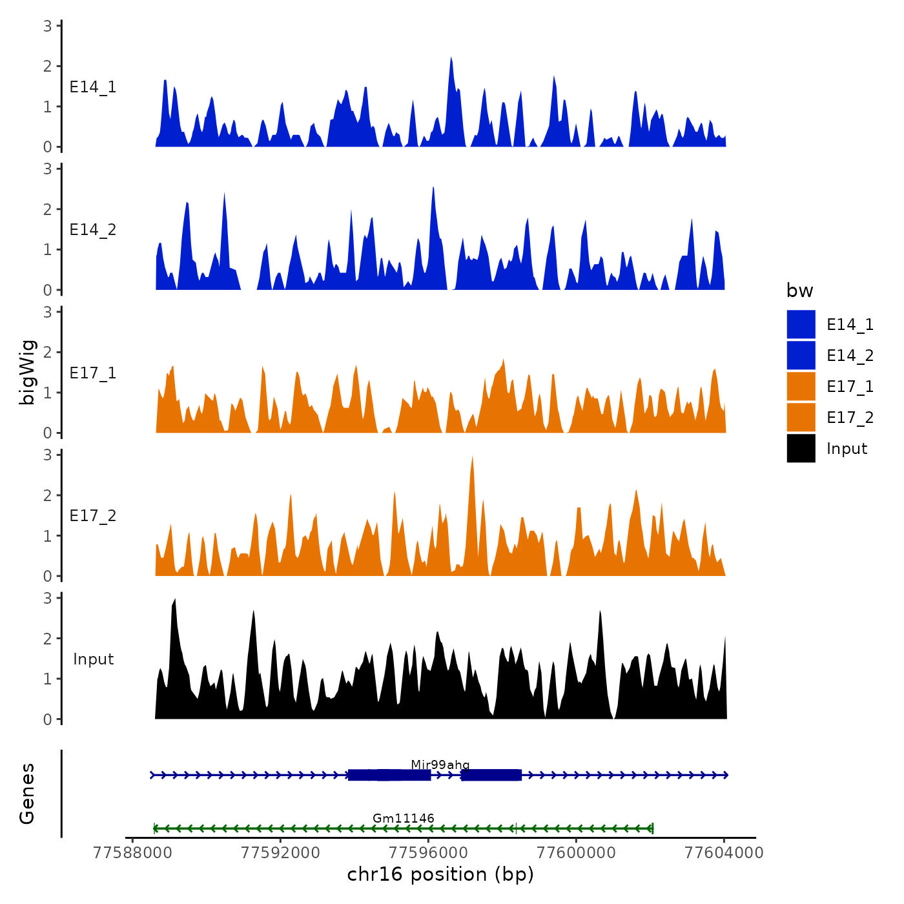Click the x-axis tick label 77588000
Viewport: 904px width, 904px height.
click(132, 852)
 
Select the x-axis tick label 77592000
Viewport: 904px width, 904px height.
click(280, 852)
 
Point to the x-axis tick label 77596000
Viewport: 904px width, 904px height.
click(428, 852)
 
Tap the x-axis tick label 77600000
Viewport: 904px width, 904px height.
click(576, 852)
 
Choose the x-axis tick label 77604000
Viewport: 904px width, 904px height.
click(724, 852)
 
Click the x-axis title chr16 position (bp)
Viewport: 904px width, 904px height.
click(440, 874)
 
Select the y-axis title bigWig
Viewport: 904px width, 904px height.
click(27, 372)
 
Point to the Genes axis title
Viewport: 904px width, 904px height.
click(27, 794)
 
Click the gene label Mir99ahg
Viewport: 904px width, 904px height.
click(440, 765)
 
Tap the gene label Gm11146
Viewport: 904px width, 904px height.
click(403, 818)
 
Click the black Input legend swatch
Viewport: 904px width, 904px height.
click(801, 448)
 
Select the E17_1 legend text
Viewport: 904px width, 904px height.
click(850, 387)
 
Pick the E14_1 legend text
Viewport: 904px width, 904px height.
click(850, 325)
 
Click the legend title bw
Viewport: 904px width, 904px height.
click(799, 291)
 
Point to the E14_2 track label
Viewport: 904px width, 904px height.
click(93, 230)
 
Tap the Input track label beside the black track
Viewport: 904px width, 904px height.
click(93, 659)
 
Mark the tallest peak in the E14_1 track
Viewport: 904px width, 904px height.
click(451, 58)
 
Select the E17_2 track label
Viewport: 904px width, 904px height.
click(93, 516)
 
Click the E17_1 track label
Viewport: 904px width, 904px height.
click(93, 373)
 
